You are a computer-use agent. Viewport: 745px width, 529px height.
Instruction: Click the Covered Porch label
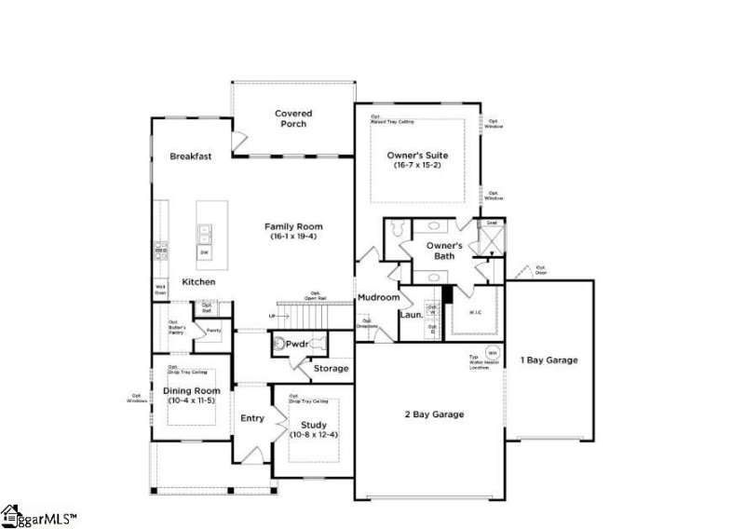(x=292, y=118)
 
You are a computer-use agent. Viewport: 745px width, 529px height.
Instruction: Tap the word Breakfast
(x=191, y=156)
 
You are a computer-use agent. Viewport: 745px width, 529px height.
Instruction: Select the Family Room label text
(x=293, y=226)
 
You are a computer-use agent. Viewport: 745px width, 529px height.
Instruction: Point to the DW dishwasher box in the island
(x=203, y=252)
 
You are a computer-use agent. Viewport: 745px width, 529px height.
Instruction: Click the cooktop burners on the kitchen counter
(x=159, y=250)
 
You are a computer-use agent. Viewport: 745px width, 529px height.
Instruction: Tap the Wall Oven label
(x=160, y=290)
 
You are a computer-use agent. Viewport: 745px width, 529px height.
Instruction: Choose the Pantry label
(x=213, y=331)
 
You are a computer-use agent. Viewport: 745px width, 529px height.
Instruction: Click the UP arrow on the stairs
(x=272, y=316)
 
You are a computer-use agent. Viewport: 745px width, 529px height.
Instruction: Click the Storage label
(x=331, y=369)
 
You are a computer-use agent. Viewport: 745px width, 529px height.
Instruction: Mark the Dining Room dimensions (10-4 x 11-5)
(x=193, y=400)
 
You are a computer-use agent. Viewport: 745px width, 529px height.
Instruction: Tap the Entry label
(x=252, y=418)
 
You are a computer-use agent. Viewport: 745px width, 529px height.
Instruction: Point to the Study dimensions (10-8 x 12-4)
(x=314, y=435)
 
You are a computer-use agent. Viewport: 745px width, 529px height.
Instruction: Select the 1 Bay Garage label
(x=549, y=359)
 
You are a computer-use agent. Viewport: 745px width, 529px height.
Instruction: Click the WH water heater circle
(x=493, y=354)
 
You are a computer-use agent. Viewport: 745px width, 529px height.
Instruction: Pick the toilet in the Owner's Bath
(x=395, y=228)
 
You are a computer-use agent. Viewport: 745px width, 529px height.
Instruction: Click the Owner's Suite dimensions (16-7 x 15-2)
(x=418, y=164)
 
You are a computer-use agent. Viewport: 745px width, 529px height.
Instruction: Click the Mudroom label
(x=378, y=297)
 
